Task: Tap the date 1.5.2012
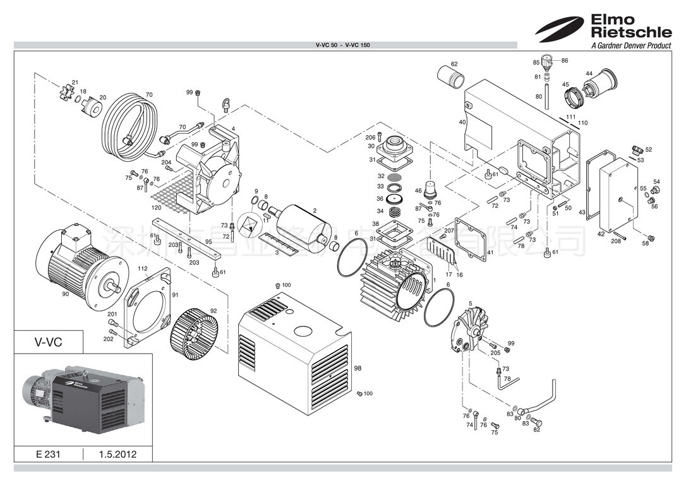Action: [117, 454]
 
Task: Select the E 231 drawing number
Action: [48, 454]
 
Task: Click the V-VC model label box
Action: [48, 342]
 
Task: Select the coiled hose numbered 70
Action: [129, 126]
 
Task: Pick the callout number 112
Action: [143, 268]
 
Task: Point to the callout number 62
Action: [454, 64]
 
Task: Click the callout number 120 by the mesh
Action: [155, 207]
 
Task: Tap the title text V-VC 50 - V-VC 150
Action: [342, 45]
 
